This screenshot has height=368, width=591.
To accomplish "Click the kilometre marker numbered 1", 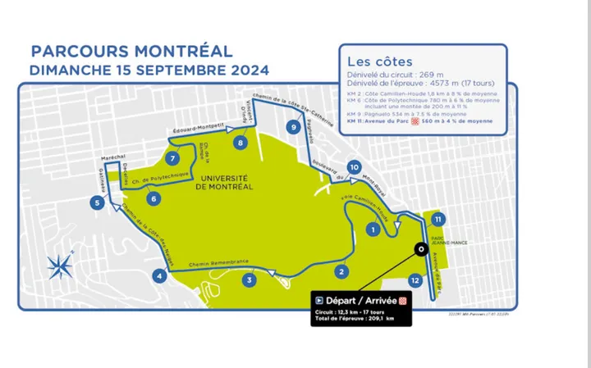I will (x=373, y=230).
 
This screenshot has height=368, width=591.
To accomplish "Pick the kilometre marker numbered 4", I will (x=158, y=276).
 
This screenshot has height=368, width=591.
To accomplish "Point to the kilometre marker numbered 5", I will (x=97, y=203).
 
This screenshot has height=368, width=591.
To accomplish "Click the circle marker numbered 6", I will (x=153, y=198).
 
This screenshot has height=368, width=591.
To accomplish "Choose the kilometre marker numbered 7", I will (x=172, y=158).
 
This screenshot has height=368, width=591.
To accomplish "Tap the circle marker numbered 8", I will (x=240, y=143).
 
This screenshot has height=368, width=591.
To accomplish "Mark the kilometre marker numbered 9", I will (x=293, y=126).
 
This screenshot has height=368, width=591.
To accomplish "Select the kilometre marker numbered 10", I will (x=353, y=167).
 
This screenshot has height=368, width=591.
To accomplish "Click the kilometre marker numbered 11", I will (x=438, y=219).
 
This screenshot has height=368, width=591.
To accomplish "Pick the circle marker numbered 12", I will (x=415, y=280).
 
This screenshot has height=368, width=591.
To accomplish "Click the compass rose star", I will (x=59, y=264).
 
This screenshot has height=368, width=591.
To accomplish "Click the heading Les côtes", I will (x=379, y=61).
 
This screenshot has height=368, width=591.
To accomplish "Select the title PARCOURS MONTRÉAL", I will (x=131, y=52).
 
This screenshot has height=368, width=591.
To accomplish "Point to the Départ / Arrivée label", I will (x=361, y=300).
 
